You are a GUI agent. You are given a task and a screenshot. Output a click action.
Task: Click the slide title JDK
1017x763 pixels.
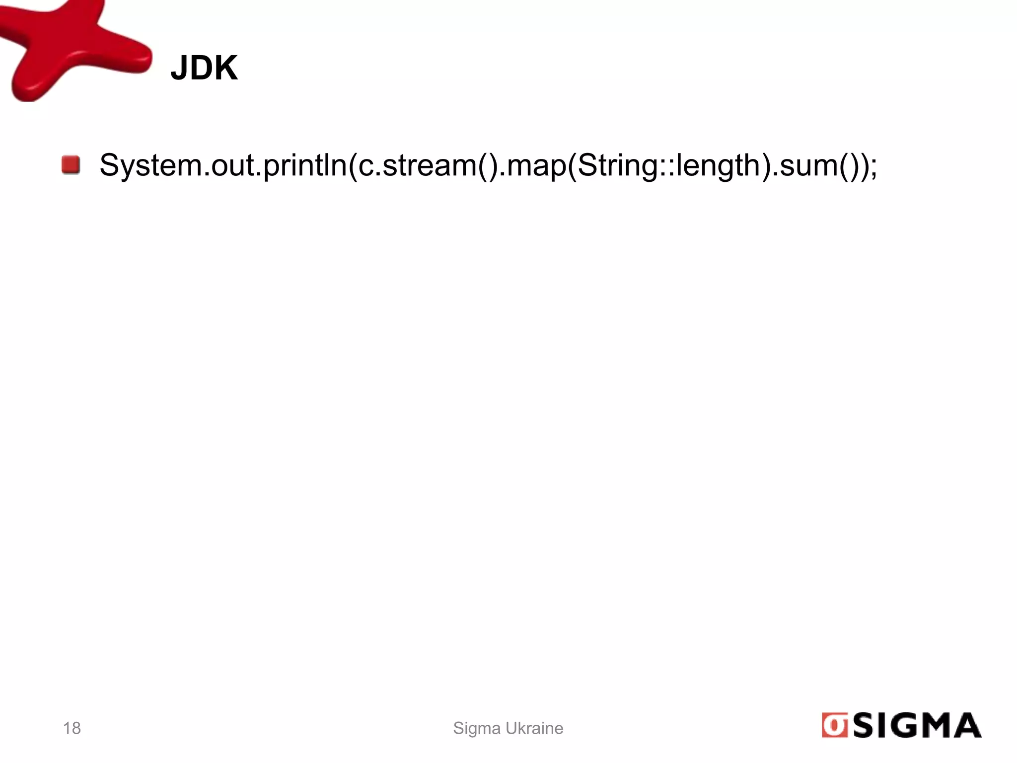point(204,68)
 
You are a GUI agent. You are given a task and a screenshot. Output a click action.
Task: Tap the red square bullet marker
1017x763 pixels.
point(71,165)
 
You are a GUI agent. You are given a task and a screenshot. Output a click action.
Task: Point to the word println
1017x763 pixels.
point(304,166)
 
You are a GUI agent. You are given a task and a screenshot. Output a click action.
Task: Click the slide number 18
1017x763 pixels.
point(72,728)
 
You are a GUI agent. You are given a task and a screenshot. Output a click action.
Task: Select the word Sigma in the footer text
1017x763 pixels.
point(477,729)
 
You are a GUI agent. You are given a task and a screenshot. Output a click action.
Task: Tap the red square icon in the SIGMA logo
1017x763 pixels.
point(834,726)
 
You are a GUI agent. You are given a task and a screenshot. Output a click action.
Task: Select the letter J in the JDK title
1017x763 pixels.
point(178,68)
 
